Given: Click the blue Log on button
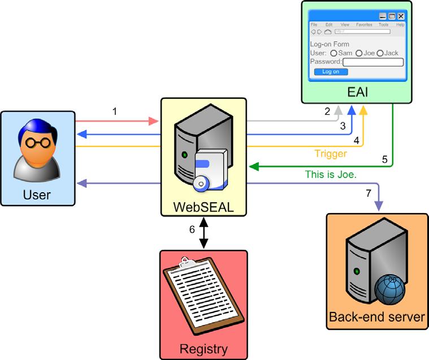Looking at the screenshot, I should [331, 72].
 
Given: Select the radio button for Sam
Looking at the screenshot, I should [333, 53].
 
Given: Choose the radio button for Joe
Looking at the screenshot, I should [359, 53].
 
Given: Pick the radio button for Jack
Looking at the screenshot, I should [380, 53].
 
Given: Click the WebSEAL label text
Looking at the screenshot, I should [203, 207].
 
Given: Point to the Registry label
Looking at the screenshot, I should [203, 346].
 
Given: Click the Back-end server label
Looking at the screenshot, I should [377, 317].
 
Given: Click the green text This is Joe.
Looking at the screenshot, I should [331, 175].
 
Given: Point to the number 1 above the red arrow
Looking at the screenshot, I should [115, 111].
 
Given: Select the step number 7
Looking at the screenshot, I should [368, 193].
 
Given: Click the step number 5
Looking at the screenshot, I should [384, 159].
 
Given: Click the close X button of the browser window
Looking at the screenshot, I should [401, 16].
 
